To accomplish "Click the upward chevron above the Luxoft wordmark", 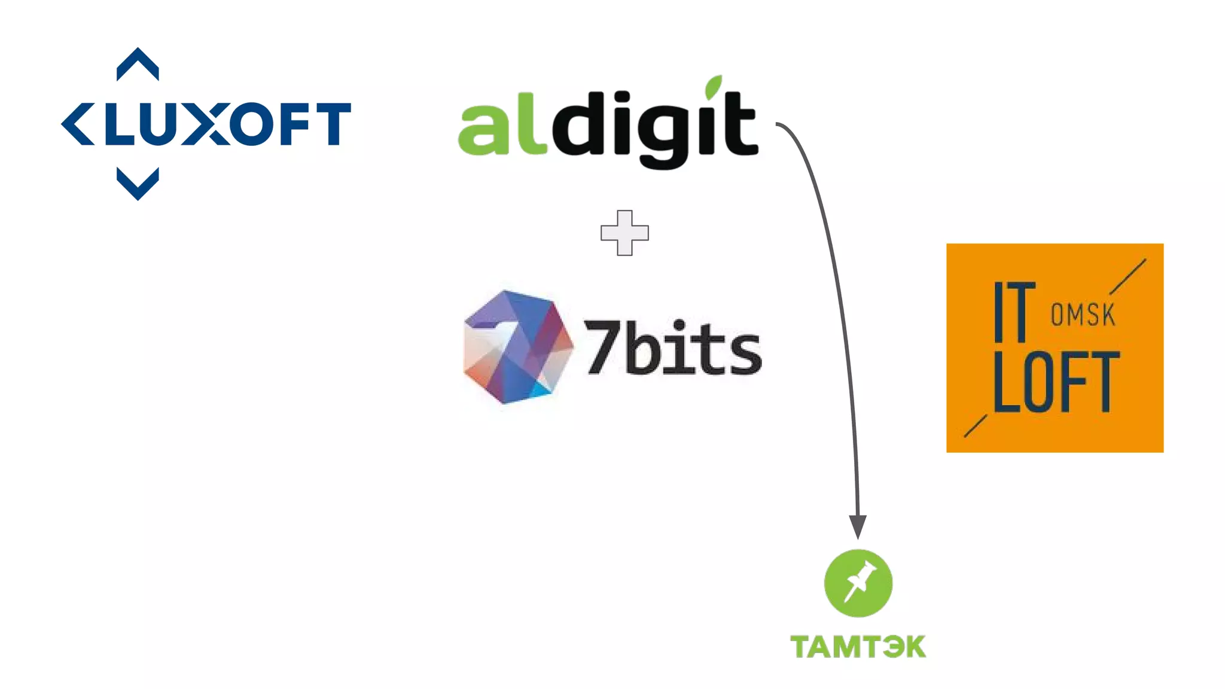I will pos(138,63).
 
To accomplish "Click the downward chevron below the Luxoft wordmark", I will pos(138,184).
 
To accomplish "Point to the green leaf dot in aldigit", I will pos(713,87).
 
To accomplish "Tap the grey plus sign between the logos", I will pos(624,233).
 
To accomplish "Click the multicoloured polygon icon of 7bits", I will pos(518,347).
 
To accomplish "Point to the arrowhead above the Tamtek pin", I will pos(858,526).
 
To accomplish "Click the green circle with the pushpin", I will pos(858,583).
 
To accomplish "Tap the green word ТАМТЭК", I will pos(858,647).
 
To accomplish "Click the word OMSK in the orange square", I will pos(1083,315).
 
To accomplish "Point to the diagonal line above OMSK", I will pos(1128,276).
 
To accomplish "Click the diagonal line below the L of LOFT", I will pos(976,426).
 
